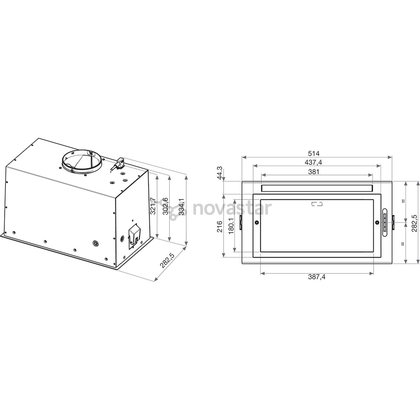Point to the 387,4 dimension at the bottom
(x=317, y=277)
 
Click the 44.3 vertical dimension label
(x=220, y=173)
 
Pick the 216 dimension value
(x=220, y=226)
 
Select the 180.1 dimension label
(x=231, y=226)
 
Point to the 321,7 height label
(x=153, y=206)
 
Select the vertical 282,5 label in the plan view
(x=414, y=223)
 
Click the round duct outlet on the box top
(x=82, y=160)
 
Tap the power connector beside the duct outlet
(x=118, y=163)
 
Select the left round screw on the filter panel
(x=257, y=222)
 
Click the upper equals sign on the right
(x=403, y=201)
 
